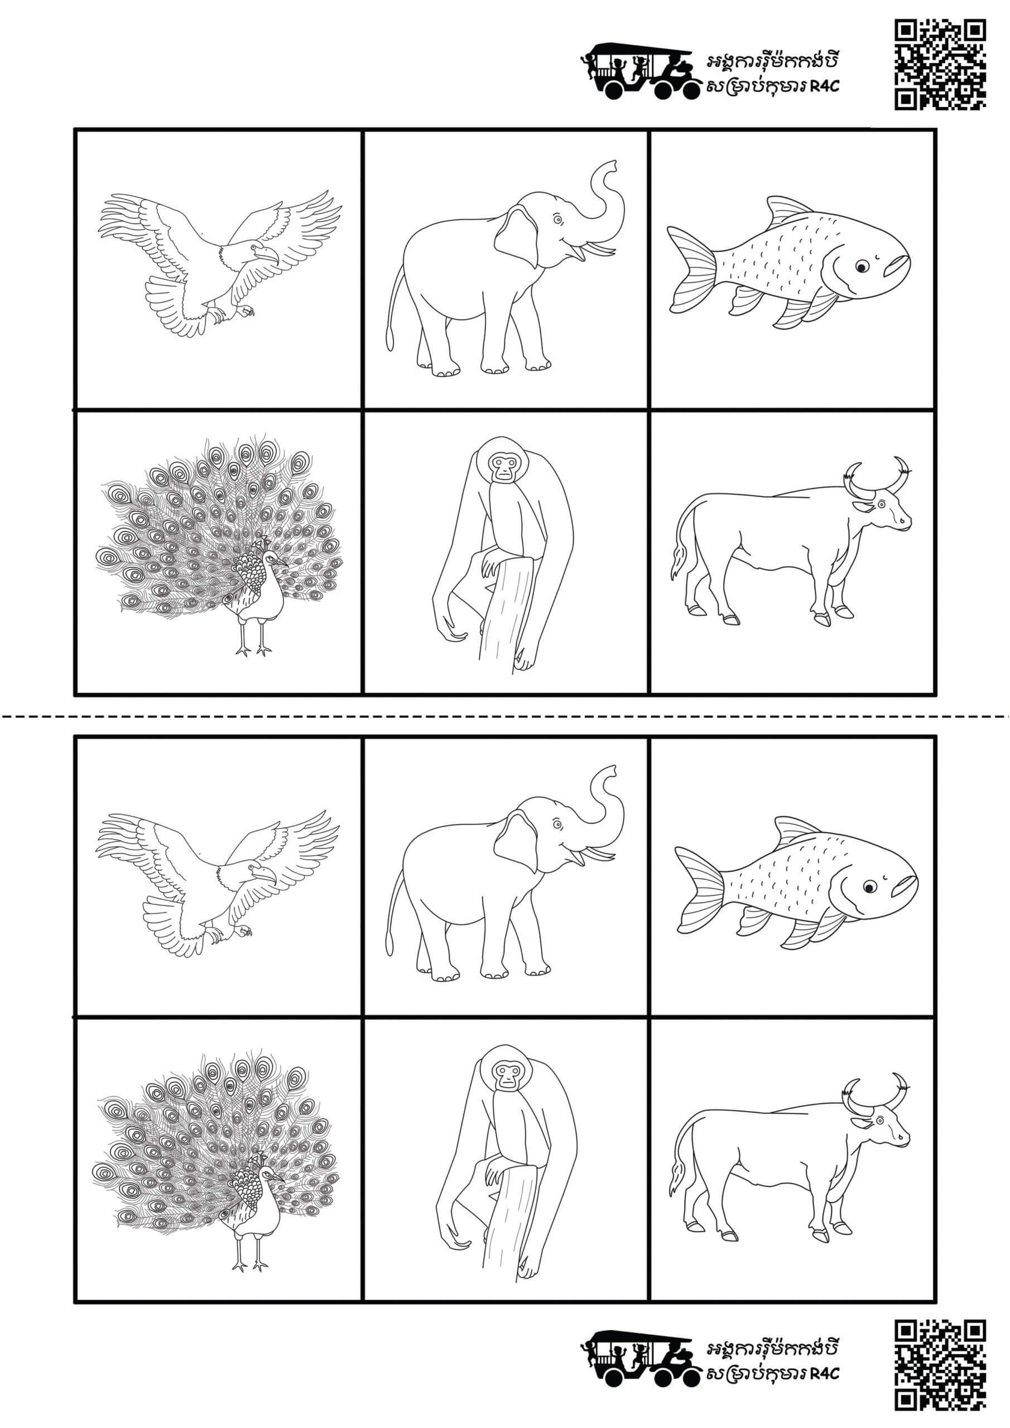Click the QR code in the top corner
tap(940, 64)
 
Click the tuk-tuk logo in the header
tap(641, 70)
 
